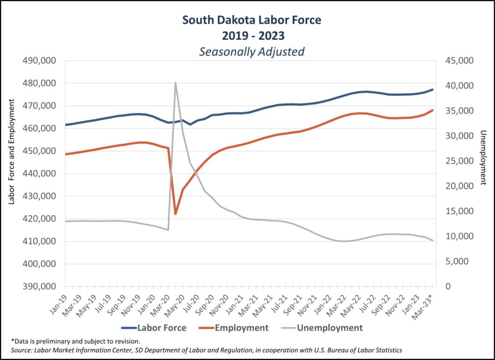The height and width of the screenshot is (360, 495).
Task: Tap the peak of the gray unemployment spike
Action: (x=175, y=83)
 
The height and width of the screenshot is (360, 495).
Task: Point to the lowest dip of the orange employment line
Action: (x=175, y=214)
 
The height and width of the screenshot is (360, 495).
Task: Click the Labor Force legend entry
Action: (x=161, y=328)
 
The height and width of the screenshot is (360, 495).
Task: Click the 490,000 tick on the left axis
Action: (x=39, y=61)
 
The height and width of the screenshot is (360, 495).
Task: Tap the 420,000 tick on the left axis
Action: (x=39, y=219)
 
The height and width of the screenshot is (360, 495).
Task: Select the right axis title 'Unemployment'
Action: (x=482, y=158)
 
